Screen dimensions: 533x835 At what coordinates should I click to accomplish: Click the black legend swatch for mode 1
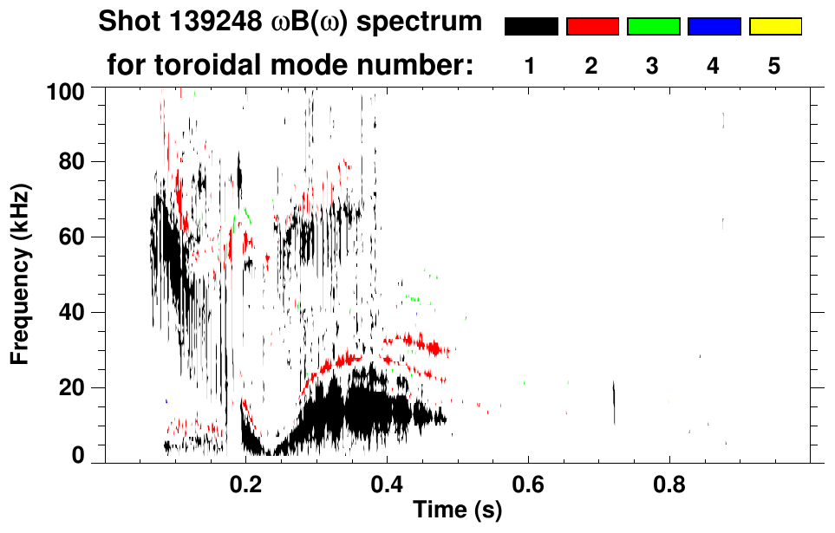(x=531, y=27)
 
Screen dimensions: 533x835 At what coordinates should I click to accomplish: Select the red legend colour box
(x=592, y=27)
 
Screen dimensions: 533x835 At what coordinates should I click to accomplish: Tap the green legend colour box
(x=653, y=27)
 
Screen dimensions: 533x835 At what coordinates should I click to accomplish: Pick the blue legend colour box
(x=714, y=27)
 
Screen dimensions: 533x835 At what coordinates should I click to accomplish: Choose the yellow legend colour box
(x=775, y=27)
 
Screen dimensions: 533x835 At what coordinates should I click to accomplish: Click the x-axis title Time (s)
(x=457, y=510)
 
